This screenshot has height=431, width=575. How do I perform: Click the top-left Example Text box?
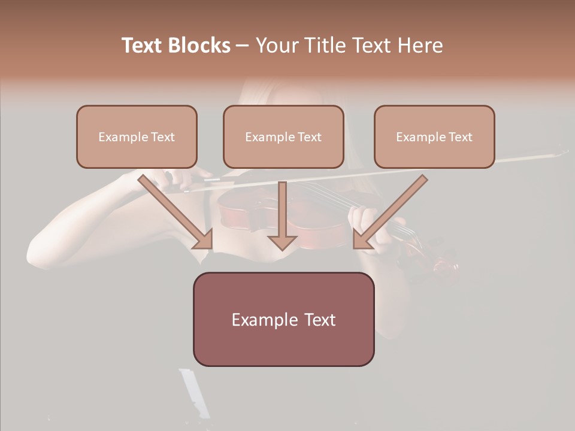point(137,137)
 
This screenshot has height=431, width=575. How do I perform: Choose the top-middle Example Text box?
point(283,137)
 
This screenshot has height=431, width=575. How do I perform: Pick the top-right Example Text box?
point(434,137)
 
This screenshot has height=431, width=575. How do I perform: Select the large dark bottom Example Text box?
point(283,320)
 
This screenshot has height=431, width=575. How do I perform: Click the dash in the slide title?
point(243,45)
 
